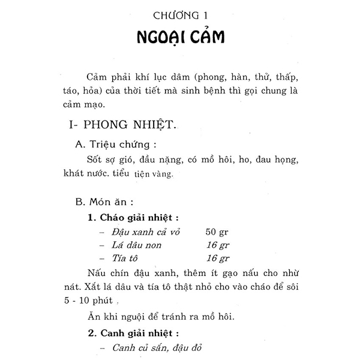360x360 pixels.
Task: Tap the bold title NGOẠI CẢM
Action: click(179, 38)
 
